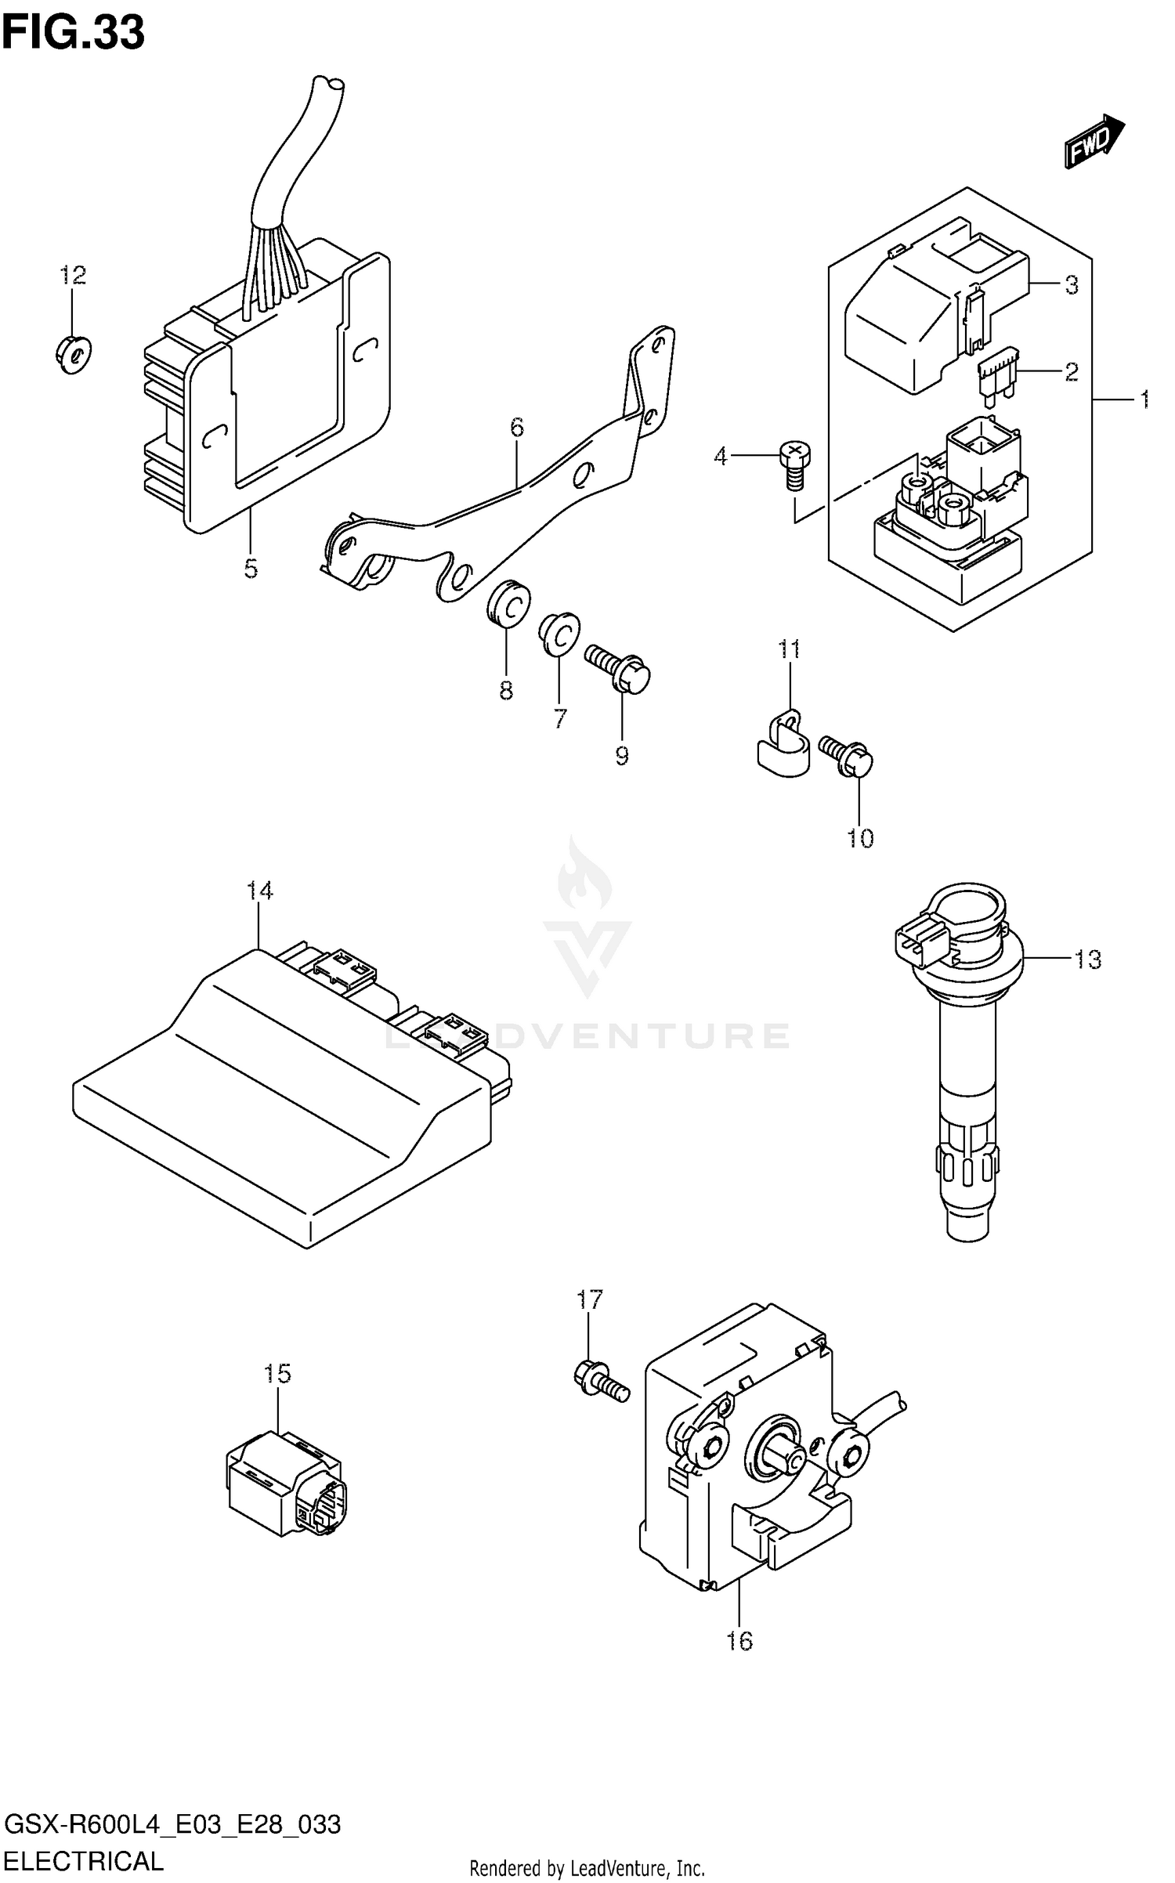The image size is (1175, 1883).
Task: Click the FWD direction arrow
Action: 1094,141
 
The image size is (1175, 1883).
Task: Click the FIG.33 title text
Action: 73,33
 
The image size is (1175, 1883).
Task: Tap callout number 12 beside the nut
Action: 73,276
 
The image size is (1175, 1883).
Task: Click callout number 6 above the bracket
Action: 516,428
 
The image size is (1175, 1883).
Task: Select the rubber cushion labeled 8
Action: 508,605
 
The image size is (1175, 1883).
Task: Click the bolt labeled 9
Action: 618,668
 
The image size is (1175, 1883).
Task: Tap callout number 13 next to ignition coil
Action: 1087,960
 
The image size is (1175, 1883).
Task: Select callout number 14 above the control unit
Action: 259,891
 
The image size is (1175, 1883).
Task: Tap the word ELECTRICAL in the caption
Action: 84,1860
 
